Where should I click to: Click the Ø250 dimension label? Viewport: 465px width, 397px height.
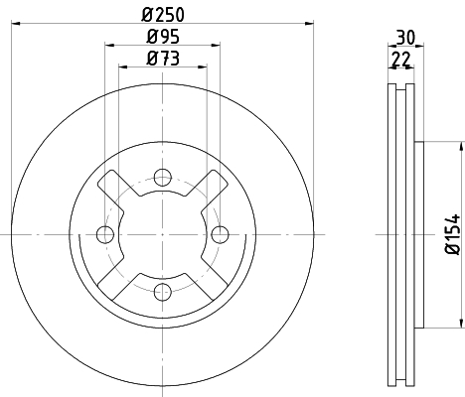[163, 14]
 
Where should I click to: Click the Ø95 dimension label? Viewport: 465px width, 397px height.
[163, 38]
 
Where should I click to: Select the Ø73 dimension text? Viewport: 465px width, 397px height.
[163, 59]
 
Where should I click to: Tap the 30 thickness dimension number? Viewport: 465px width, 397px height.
[405, 38]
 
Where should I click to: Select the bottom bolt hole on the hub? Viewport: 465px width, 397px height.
[163, 292]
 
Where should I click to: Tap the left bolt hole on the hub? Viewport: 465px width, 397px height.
[105, 234]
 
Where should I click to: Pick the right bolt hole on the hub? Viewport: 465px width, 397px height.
[221, 234]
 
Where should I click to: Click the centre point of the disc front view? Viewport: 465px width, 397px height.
[163, 234]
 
